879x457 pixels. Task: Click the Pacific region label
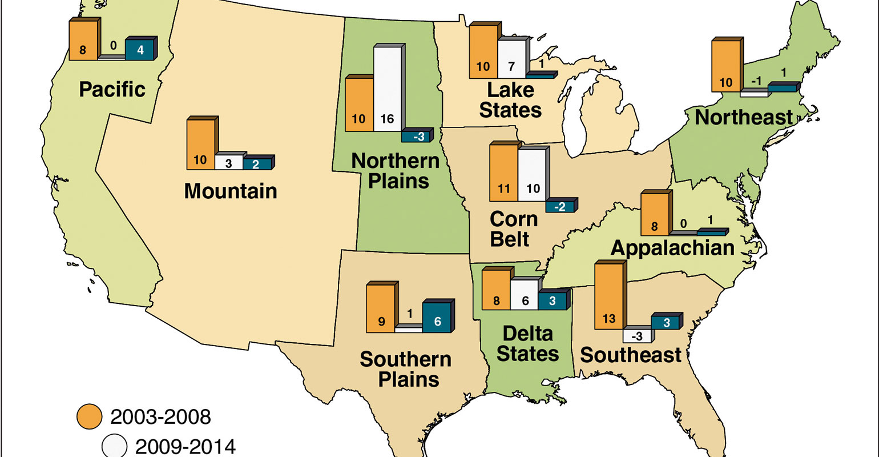112,89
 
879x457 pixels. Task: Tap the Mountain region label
231,191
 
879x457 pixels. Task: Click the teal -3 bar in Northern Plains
416,137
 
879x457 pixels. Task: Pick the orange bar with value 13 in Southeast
608,297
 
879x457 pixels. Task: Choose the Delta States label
527,343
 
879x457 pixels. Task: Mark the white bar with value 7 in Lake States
511,59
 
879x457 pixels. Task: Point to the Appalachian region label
672,247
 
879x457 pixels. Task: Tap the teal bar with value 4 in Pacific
140,49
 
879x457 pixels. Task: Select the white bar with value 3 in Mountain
229,162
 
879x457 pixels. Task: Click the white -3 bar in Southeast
637,335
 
